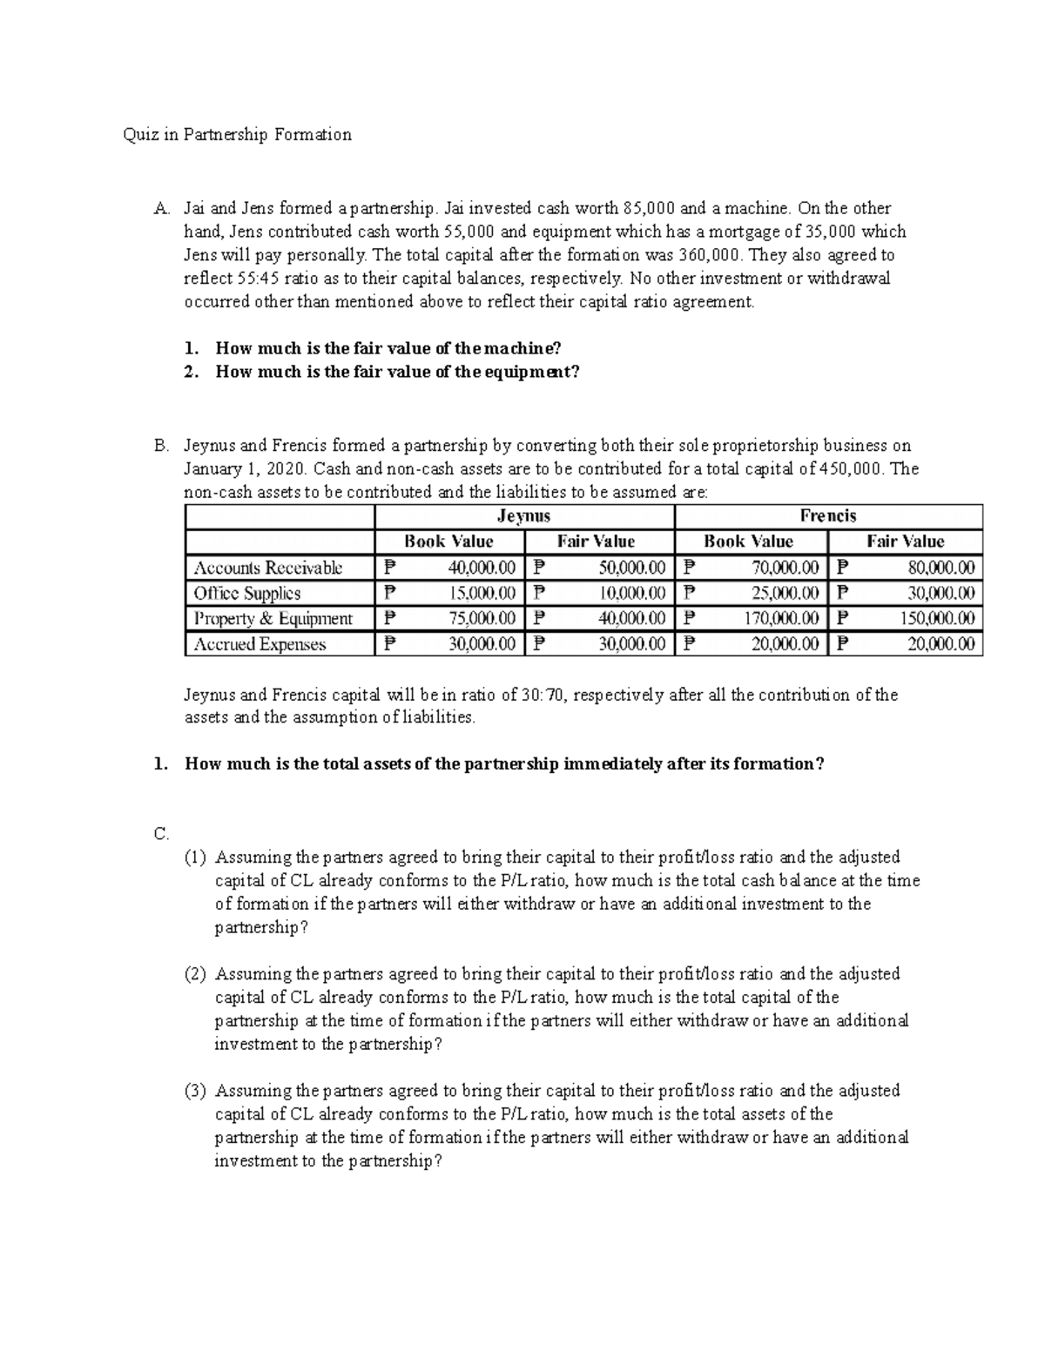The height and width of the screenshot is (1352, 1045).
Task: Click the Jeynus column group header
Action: (523, 515)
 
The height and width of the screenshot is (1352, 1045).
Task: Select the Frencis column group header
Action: (828, 515)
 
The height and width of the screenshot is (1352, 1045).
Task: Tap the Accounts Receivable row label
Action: (268, 568)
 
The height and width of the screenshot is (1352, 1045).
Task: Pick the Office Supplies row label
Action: (247, 593)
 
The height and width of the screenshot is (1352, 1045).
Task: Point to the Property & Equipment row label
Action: (273, 619)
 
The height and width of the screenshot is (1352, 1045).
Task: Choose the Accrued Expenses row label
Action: (260, 644)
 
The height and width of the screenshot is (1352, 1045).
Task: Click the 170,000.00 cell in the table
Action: (785, 619)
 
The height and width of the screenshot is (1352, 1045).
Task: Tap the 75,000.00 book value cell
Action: (482, 619)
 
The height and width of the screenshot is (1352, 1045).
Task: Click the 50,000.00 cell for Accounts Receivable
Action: (632, 568)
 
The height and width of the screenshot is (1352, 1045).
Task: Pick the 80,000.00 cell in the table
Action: (942, 568)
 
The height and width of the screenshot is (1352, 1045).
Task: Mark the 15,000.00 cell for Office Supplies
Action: (482, 593)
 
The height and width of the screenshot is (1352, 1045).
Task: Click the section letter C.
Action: (161, 833)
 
